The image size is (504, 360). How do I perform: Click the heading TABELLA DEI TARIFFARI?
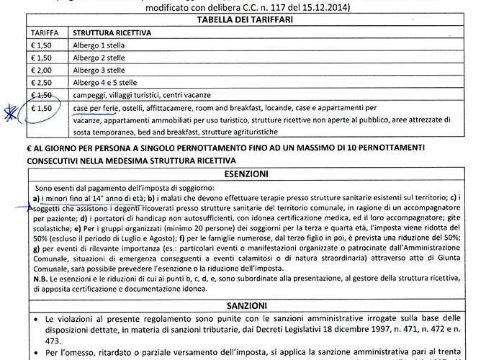click(252, 20)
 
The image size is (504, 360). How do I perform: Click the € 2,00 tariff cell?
click(42, 70)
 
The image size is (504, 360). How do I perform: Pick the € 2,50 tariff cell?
click(42, 82)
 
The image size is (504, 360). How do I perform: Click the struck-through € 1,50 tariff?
click(41, 95)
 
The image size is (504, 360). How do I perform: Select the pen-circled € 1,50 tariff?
click(42, 109)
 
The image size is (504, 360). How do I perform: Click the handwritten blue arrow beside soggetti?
click(29, 207)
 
